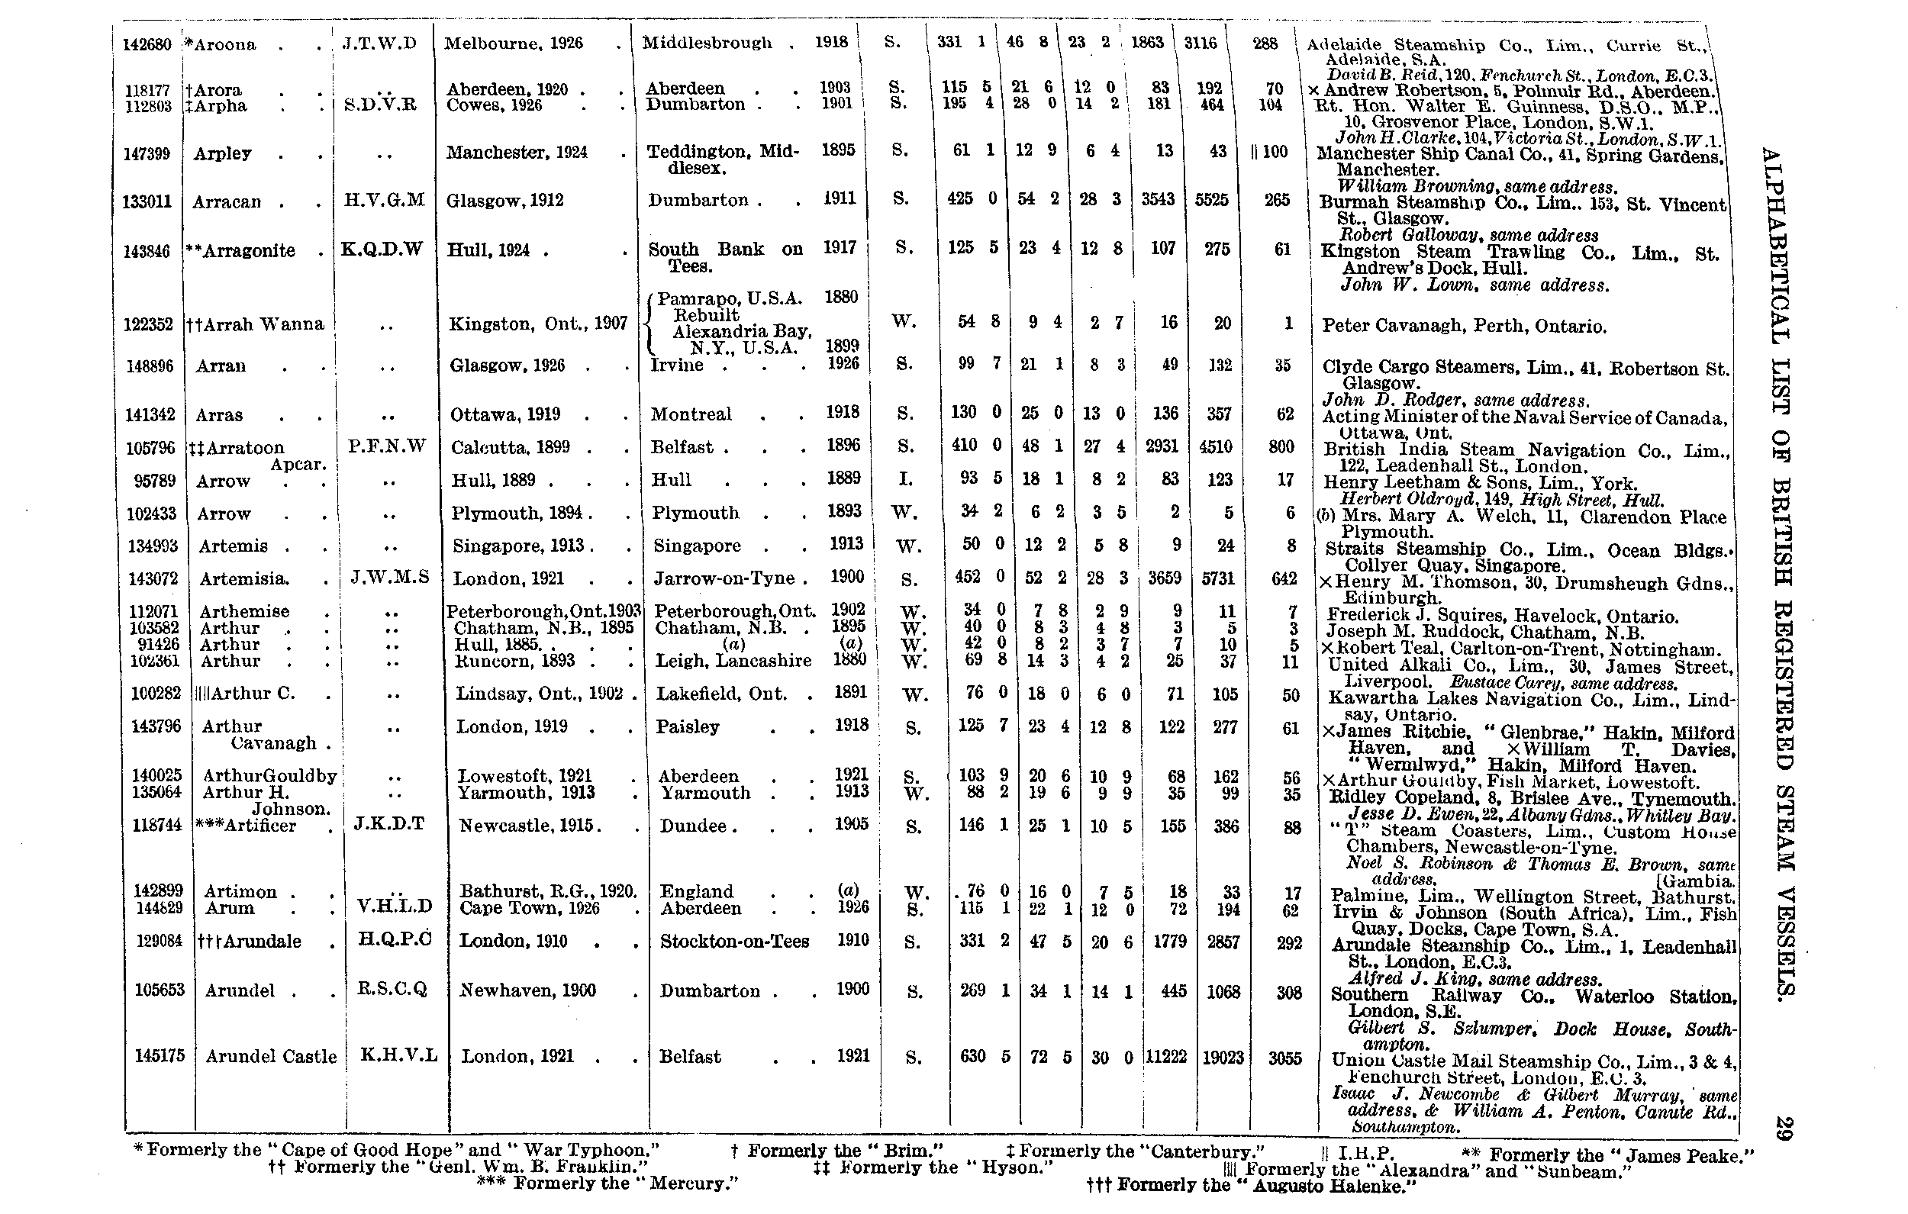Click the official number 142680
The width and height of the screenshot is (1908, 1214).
[x=147, y=44]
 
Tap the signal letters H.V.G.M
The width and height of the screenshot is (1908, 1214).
[x=385, y=200]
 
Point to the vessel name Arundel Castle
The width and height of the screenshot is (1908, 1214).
[x=271, y=1056]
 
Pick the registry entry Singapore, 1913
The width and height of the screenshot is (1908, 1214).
[x=518, y=546]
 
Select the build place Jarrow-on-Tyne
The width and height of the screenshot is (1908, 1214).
[x=725, y=578]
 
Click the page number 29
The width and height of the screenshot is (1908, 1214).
[x=1783, y=1128]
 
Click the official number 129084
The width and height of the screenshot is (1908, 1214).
[x=160, y=941]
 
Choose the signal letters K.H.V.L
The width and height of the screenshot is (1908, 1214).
[x=398, y=1055]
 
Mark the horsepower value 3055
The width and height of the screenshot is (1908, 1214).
[x=1284, y=1058]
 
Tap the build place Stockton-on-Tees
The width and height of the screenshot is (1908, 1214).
[x=733, y=942]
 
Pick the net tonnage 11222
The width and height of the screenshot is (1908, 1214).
[x=1165, y=1056]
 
